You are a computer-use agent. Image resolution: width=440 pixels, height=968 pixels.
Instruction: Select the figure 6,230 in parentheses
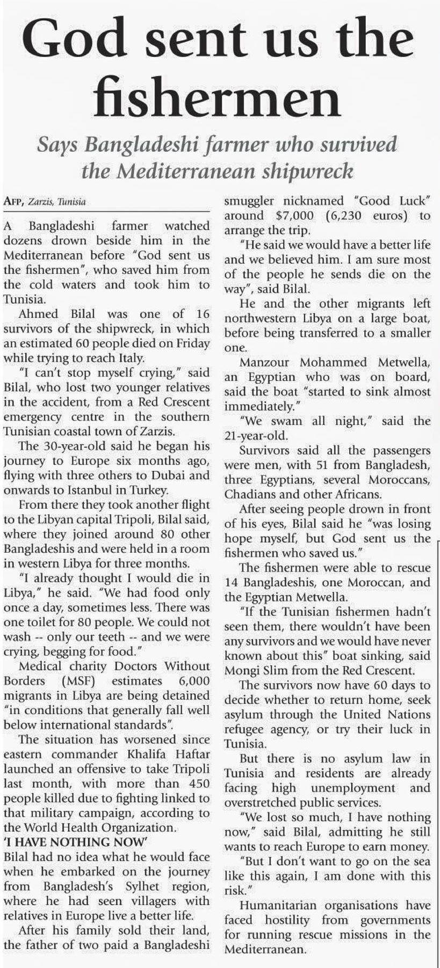tap(349, 216)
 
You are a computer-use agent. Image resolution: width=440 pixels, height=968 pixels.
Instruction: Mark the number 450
tap(197, 783)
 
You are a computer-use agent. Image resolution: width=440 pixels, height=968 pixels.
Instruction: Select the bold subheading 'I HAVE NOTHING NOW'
tap(76, 842)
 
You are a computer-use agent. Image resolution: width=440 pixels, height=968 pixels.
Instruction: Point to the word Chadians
tap(249, 494)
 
